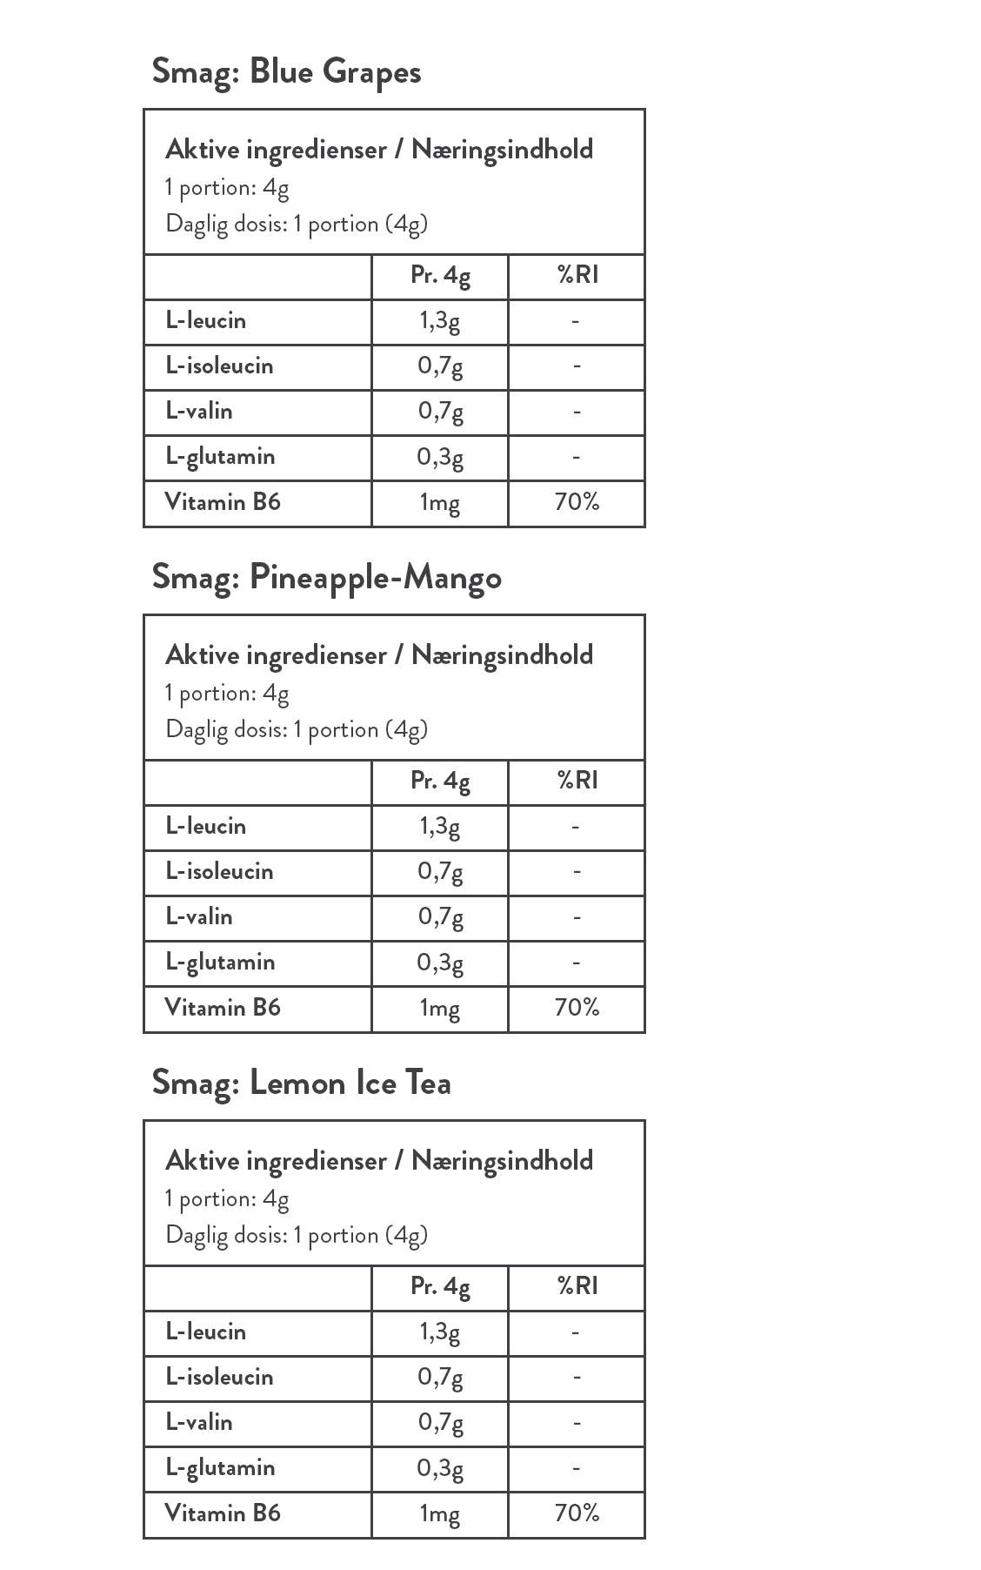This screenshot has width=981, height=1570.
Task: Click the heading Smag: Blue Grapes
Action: pos(286,71)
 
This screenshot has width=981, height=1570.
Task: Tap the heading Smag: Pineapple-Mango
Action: pos(326,577)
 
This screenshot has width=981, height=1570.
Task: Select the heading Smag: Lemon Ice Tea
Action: pos(301,1083)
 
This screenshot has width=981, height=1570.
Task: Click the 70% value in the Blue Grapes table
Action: pos(577,502)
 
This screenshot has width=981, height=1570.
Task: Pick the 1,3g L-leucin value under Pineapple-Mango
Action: pos(439,826)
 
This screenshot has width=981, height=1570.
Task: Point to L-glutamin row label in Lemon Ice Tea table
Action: pos(220,1467)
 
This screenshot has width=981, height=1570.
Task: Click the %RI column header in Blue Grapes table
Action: pos(577,276)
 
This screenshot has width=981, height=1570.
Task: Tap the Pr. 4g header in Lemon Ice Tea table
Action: pos(440,1287)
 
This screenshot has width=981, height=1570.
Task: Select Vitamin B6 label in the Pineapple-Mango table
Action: pos(223,1008)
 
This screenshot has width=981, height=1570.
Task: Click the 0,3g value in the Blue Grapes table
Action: pos(439,457)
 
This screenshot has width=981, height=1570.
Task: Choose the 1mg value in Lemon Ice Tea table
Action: pos(439,1513)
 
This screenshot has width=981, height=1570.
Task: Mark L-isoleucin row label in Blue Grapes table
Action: pos(219,366)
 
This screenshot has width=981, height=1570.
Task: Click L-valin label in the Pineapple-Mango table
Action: pos(199,916)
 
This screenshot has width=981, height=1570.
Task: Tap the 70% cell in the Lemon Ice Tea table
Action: pos(577,1513)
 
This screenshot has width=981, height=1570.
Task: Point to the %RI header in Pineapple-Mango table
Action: pos(577,782)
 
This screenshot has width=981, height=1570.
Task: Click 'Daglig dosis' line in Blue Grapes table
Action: pos(297,225)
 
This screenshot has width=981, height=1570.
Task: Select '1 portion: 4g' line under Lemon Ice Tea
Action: pos(227,1199)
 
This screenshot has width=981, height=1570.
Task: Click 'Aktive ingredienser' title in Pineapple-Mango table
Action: pos(379,655)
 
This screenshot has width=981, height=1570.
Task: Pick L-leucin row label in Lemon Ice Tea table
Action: pos(206,1332)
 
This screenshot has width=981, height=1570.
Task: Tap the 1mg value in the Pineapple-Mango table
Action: pos(439,1008)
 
